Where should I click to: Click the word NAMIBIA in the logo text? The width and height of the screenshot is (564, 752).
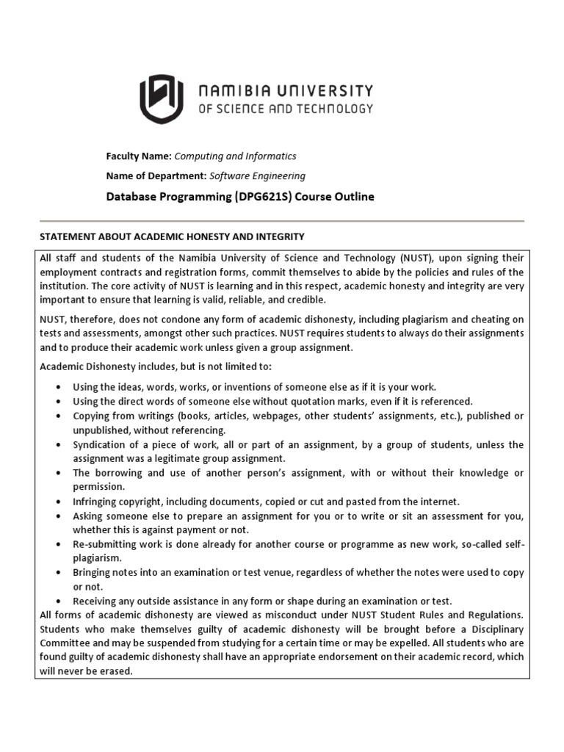[x=236, y=91]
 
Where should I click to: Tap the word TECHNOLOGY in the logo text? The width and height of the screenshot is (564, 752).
[x=334, y=109]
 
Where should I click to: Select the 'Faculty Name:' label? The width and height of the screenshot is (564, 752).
[x=139, y=156]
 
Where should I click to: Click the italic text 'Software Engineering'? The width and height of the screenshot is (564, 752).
[x=257, y=176]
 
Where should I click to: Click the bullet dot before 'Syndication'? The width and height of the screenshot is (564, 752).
[x=58, y=445]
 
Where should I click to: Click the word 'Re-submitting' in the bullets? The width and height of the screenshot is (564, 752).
[x=103, y=544]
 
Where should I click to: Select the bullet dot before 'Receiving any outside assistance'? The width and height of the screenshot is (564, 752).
[x=58, y=601]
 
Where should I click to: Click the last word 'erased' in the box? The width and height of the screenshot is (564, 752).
[x=117, y=671]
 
